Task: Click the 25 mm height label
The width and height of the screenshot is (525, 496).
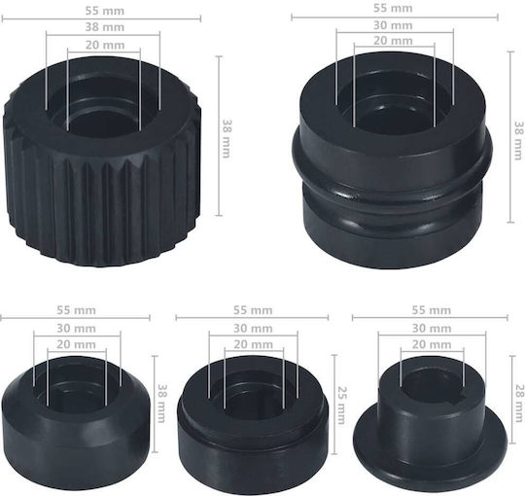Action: click(x=341, y=405)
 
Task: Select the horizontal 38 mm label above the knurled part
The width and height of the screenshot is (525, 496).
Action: click(x=105, y=27)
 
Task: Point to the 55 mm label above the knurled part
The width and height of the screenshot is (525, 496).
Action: click(x=105, y=11)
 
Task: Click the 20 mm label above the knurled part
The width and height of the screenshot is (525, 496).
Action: click(x=105, y=45)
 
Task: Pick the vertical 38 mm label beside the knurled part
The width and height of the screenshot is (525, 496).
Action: click(x=227, y=139)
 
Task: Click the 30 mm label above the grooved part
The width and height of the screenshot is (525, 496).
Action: click(x=393, y=25)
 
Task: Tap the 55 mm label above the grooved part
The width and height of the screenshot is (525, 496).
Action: click(x=393, y=8)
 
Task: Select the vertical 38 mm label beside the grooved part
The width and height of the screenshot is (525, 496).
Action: click(x=518, y=140)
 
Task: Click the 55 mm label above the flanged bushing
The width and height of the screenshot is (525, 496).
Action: click(x=432, y=310)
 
